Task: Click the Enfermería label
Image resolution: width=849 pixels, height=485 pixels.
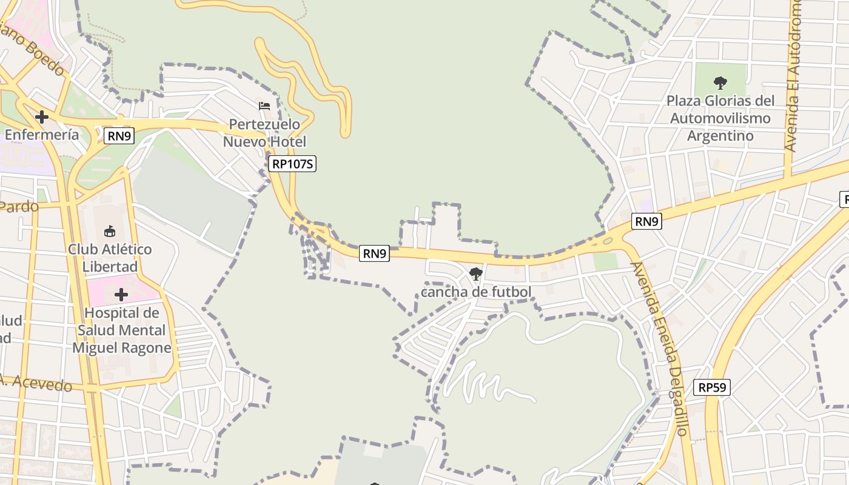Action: [42, 134]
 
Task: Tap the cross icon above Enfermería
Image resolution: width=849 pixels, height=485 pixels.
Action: [42, 116]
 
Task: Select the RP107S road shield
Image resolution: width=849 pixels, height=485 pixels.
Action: [293, 163]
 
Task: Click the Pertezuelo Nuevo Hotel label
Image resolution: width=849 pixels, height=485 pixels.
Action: [264, 133]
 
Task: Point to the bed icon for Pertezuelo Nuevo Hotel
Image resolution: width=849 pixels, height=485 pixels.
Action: [264, 105]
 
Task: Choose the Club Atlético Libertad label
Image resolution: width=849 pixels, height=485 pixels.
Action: [110, 258]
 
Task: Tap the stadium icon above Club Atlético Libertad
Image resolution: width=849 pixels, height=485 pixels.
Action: [110, 231]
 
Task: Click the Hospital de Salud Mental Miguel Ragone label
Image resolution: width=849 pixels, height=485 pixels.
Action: [122, 330]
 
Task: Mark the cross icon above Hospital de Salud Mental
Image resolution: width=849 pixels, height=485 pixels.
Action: [121, 295]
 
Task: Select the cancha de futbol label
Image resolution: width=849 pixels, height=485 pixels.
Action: [476, 292]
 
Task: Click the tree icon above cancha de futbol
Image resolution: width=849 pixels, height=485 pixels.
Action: [476, 274]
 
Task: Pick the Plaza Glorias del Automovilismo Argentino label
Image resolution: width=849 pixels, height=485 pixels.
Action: [720, 118]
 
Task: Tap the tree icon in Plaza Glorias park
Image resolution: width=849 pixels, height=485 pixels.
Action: [720, 82]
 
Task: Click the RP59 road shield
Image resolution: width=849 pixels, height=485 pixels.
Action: [712, 387]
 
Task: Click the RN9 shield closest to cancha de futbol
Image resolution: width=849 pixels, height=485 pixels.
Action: [374, 253]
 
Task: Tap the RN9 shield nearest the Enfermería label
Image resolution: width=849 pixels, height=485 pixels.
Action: [119, 136]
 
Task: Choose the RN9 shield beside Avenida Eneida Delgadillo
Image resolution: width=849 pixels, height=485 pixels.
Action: [646, 221]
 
